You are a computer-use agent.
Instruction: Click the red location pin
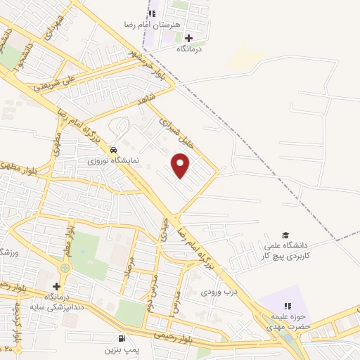[181, 166]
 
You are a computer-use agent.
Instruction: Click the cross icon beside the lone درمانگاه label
[188, 38]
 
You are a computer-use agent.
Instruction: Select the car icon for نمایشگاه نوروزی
[112, 150]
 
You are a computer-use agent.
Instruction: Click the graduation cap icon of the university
[285, 235]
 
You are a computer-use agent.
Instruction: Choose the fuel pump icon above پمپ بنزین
[122, 338]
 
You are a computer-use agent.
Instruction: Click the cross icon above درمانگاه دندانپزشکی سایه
[57, 287]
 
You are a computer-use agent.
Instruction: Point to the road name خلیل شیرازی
[172, 129]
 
